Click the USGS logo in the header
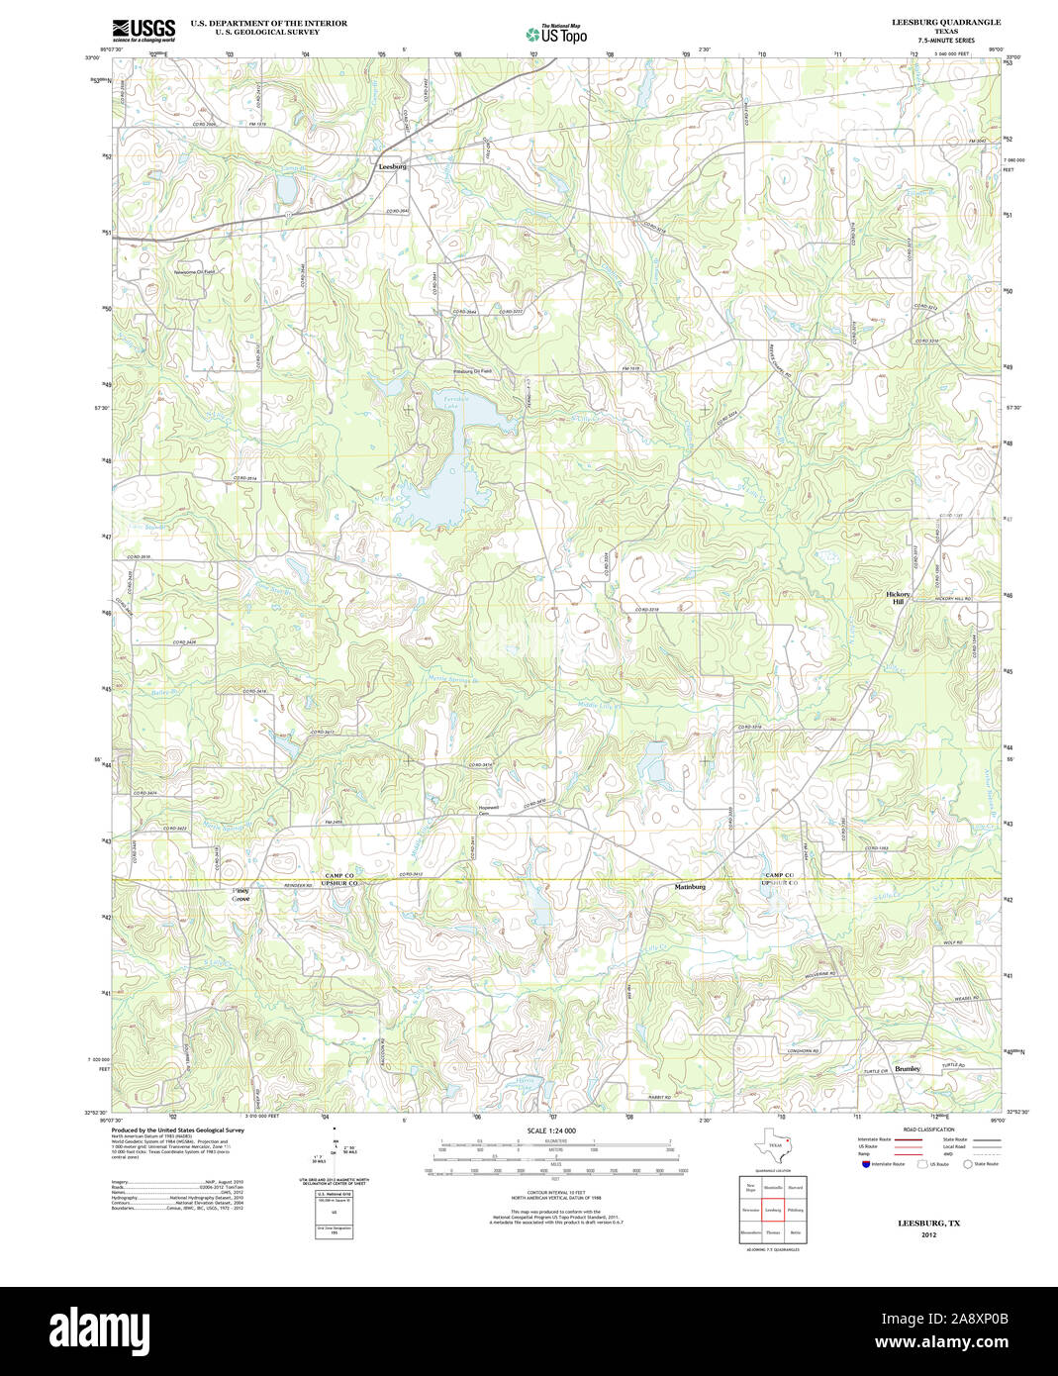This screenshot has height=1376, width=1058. pos(144,29)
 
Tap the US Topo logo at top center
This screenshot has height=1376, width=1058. pos(556,34)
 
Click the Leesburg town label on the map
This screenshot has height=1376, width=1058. pos(392,167)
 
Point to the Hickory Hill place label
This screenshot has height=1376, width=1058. pos(898,598)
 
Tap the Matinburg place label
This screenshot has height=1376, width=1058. pos(690,886)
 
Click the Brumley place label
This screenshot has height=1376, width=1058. pos(908,1069)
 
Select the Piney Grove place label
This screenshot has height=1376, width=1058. pos(240,894)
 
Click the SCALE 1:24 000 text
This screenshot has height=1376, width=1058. pos(551,1130)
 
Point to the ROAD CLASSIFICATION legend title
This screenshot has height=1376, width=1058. pos(922,1130)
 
